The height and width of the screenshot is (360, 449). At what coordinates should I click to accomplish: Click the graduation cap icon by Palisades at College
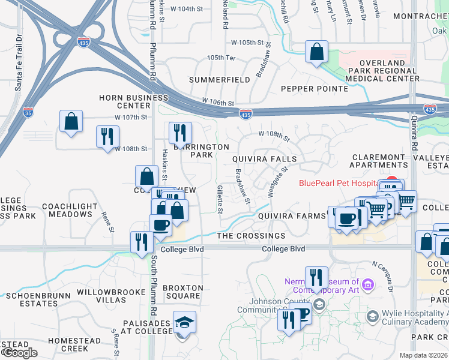tap(184, 322)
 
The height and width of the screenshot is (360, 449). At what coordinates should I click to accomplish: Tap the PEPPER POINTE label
tap(315, 89)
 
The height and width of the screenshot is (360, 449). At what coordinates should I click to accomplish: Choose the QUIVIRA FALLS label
tap(265, 159)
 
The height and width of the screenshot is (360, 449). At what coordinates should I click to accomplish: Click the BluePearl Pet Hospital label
tap(340, 182)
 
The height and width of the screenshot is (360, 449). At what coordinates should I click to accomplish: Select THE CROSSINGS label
tap(251, 236)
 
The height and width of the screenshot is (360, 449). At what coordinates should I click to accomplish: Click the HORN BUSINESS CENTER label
tap(134, 101)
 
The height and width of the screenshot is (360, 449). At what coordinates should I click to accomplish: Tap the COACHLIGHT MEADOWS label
tap(70, 210)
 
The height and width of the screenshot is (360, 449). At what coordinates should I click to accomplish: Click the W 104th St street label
tap(188, 9)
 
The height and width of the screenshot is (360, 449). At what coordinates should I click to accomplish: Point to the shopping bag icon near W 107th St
tap(71, 121)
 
